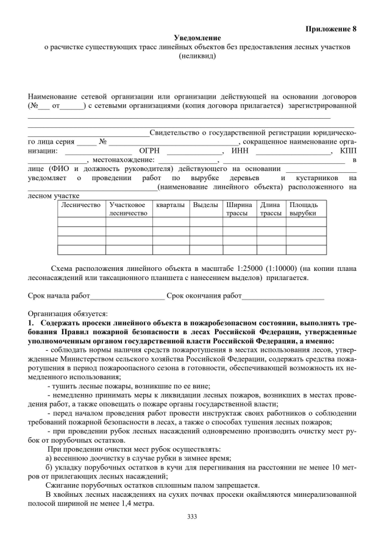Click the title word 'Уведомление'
pos(194,38)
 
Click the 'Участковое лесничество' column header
pos(129,209)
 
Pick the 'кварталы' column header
pos(170,205)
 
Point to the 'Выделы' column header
pos(205,205)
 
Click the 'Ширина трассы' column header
pos(238,209)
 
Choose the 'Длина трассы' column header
pos(271,209)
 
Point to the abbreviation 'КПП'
pos(348,150)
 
